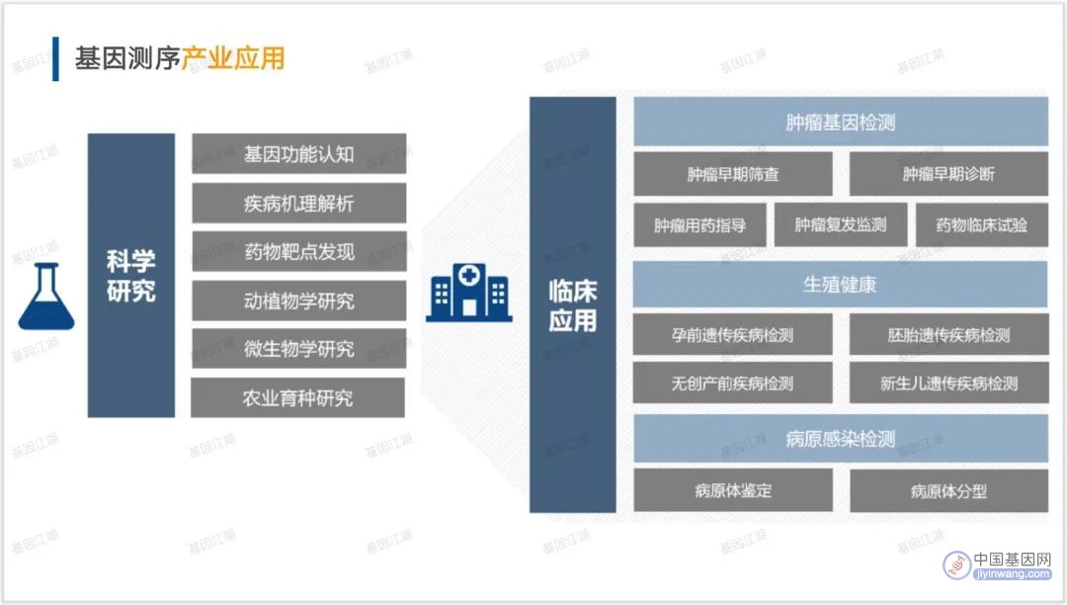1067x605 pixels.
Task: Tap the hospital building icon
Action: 469,293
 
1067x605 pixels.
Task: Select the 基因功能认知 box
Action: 298,154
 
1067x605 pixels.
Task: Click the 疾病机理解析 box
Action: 298,203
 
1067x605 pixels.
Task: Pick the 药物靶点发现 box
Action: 298,252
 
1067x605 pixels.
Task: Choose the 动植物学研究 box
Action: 298,301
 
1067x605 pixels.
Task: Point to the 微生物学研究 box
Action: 298,349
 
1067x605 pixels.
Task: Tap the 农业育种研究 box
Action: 297,398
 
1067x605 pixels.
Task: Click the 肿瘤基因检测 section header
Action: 841,122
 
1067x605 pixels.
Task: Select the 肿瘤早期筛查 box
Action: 733,174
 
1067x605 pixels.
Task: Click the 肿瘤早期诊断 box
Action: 948,174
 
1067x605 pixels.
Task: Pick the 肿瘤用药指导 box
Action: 699,224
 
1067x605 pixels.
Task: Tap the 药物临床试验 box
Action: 981,224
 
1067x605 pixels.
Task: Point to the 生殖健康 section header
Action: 841,285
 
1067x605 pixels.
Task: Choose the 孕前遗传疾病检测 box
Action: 732,334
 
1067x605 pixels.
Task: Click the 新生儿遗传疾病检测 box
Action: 948,384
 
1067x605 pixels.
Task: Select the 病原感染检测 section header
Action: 841,439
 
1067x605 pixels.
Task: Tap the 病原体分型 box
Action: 948,490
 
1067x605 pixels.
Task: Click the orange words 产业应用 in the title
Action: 233,58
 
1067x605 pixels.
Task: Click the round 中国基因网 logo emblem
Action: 956,564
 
